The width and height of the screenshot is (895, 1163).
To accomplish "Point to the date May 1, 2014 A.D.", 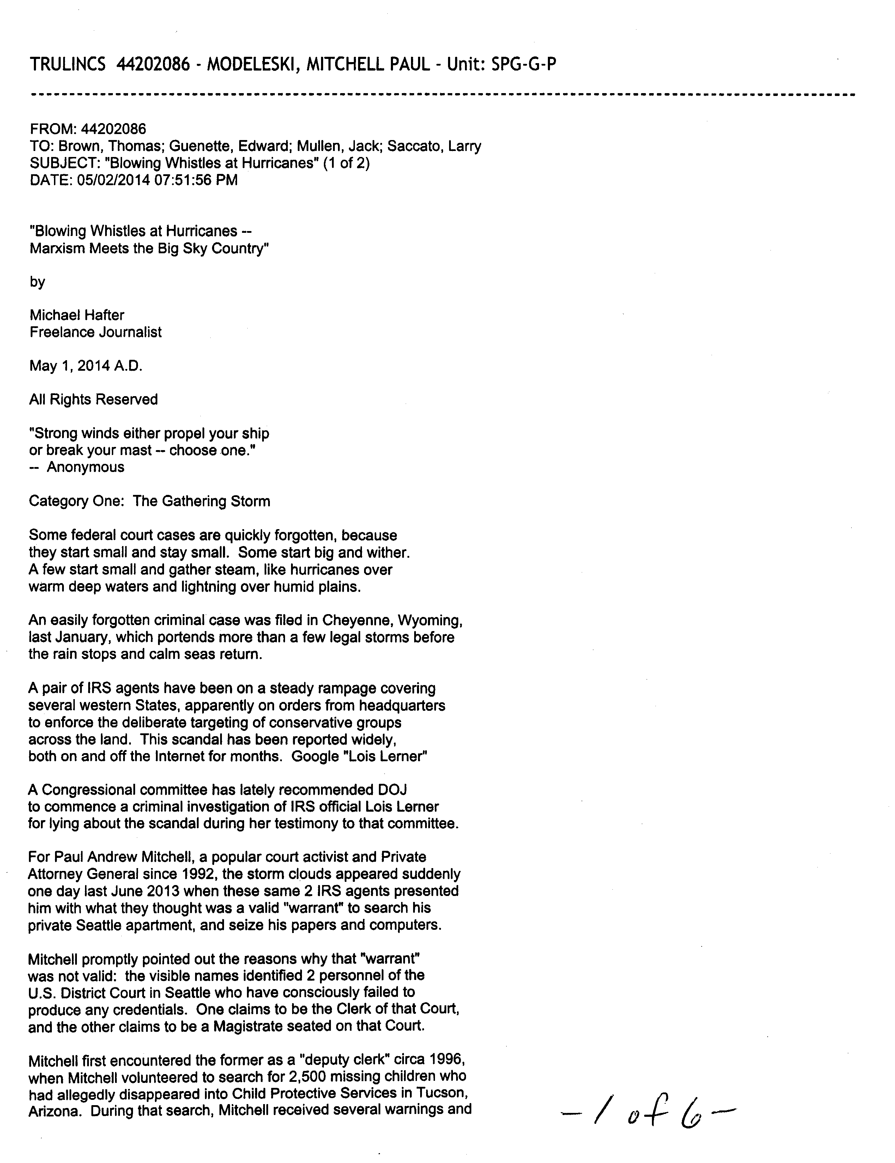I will (86, 367).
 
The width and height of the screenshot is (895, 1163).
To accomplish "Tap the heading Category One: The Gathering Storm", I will (150, 502).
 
